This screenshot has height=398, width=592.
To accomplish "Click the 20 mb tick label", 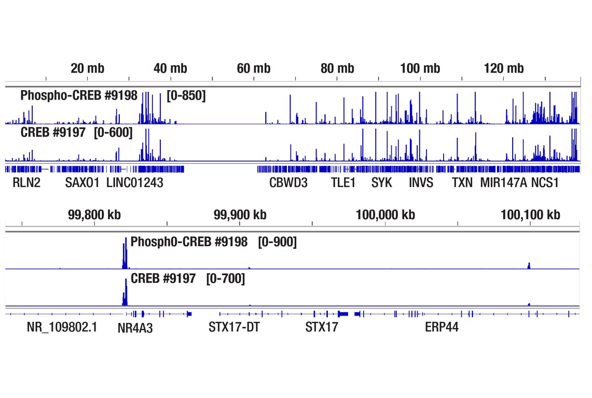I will (87, 68).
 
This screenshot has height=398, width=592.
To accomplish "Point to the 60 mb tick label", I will (254, 68).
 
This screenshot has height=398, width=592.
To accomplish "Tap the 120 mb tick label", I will (503, 68).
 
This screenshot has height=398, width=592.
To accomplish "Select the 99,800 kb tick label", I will (94, 215).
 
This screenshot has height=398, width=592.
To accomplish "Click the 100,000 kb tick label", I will (385, 215).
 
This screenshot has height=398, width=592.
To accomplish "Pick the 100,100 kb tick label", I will (530, 215).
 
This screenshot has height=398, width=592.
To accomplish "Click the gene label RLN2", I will (26, 182).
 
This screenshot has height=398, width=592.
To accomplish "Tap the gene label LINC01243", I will (134, 182).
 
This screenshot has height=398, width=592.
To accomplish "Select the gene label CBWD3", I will (288, 182).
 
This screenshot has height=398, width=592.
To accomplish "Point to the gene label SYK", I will (381, 182).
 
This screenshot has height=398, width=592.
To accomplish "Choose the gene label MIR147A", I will (503, 182).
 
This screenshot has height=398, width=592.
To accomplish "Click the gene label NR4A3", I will (135, 328).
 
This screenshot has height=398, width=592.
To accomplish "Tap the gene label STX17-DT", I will (234, 328).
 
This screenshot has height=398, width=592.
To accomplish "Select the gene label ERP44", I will (442, 328).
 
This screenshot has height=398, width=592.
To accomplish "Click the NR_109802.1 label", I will (62, 328).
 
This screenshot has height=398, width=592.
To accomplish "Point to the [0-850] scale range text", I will (186, 96).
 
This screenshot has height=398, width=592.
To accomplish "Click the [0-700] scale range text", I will (225, 279).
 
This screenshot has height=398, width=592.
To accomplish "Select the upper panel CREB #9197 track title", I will (53, 133).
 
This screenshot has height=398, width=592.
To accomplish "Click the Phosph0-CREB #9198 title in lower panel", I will (189, 242).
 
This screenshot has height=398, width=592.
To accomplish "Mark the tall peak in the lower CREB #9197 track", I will (126, 293).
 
